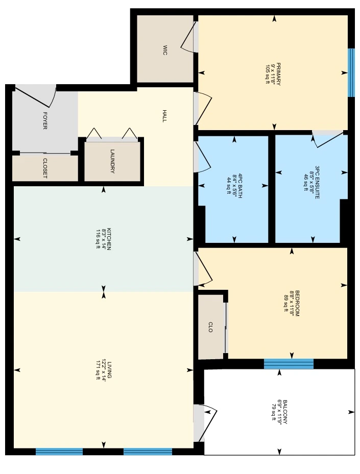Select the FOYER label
pyautogui.click(x=45, y=120)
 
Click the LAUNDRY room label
pyautogui.click(x=112, y=161)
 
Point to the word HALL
pyautogui.click(x=164, y=116)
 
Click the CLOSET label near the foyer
pyautogui.click(x=45, y=168)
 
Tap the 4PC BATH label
pyautogui.click(x=240, y=186)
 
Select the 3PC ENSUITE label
pyautogui.click(x=317, y=182)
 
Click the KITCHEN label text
pyautogui.click(x=109, y=239)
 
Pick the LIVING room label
pyautogui.click(x=109, y=370)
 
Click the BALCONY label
pyautogui.click(x=284, y=412)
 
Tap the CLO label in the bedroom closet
pyautogui.click(x=210, y=327)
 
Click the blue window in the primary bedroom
pyautogui.click(x=351, y=72)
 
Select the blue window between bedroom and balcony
pyautogui.click(x=289, y=364)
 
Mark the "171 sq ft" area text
pyautogui.click(x=98, y=370)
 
